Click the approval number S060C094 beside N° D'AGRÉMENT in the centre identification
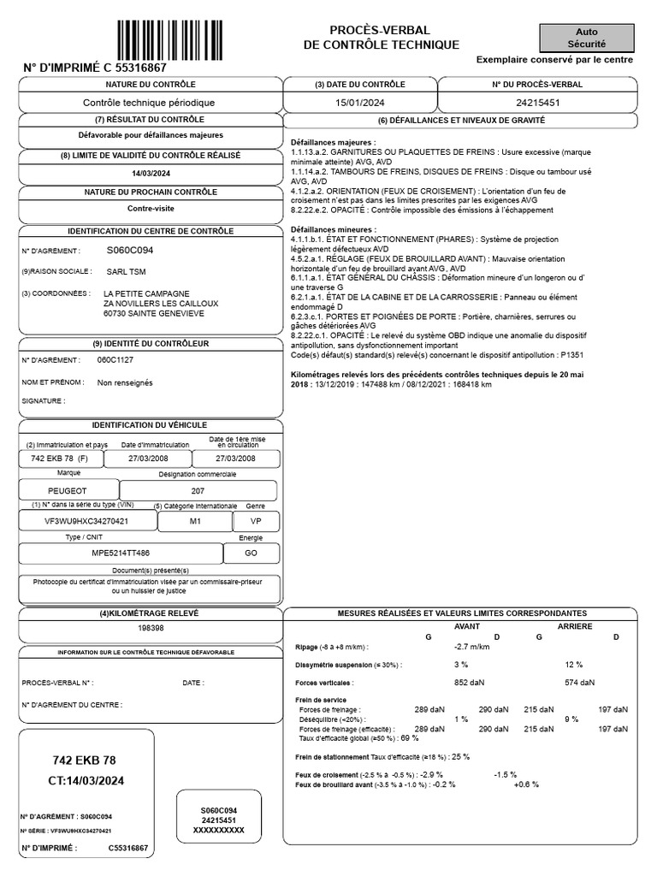130,251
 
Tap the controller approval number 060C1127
115,360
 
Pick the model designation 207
197,492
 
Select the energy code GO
250,553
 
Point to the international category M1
196,520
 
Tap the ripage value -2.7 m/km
472,647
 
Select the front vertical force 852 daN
469,683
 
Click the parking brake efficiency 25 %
460,757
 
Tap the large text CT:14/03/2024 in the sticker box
87,780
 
